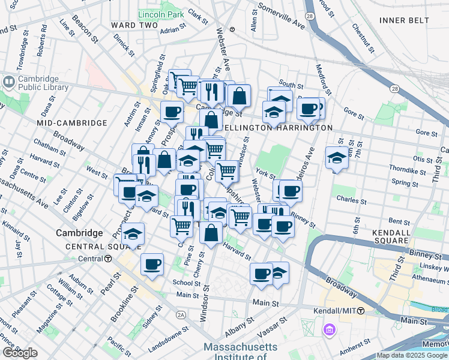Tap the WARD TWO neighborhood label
[x=134, y=25]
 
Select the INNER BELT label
[x=404, y=20]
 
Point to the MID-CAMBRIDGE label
[x=71, y=122]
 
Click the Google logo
[x=20, y=352]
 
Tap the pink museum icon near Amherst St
[x=328, y=329]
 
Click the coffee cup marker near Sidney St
[x=152, y=264]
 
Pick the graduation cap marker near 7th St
[x=337, y=158]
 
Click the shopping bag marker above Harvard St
[x=211, y=233]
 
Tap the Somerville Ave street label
[x=281, y=18]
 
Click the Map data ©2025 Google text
[x=412, y=355]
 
